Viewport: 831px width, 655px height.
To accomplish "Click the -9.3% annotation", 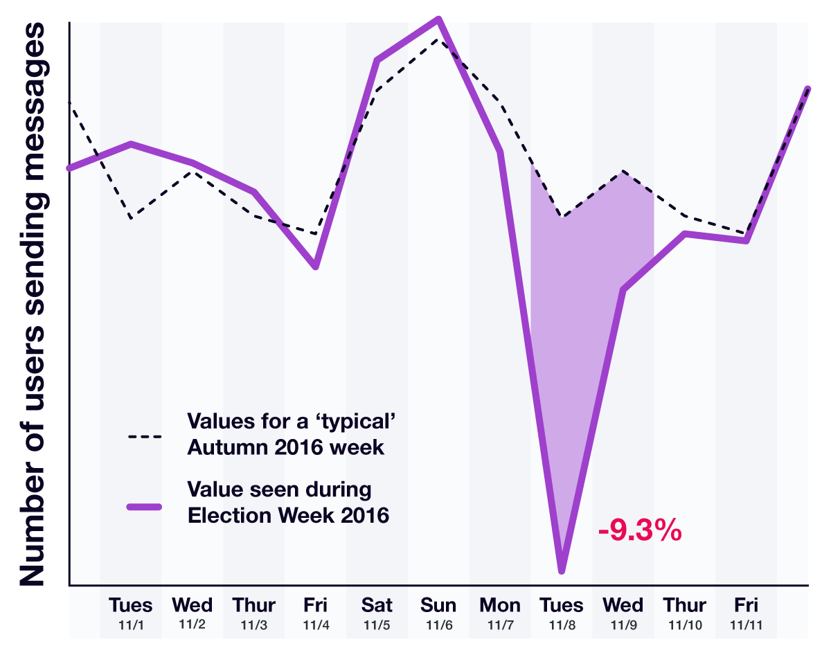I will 640,532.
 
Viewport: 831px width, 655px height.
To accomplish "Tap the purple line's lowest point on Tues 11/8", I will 562,571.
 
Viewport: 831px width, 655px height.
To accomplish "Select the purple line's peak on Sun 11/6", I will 438,19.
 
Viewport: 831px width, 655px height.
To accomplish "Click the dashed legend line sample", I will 144,437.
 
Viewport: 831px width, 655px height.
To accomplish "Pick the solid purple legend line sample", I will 144,506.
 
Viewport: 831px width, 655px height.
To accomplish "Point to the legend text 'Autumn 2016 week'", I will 285,447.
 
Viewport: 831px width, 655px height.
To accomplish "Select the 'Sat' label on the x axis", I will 377,605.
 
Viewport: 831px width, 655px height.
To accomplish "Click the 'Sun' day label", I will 438,605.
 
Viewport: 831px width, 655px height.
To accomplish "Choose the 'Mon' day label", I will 500,605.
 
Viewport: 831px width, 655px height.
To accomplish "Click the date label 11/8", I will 562,625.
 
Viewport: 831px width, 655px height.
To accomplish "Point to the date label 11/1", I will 130,625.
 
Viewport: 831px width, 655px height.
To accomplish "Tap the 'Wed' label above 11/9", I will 623,605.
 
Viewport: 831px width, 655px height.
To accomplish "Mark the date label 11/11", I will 747,625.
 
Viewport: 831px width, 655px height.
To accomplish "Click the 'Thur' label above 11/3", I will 253,605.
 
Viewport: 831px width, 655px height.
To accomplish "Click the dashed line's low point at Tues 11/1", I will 131,218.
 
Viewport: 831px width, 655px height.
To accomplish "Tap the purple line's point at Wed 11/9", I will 623,289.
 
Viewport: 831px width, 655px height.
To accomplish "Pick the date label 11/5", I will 377,625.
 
